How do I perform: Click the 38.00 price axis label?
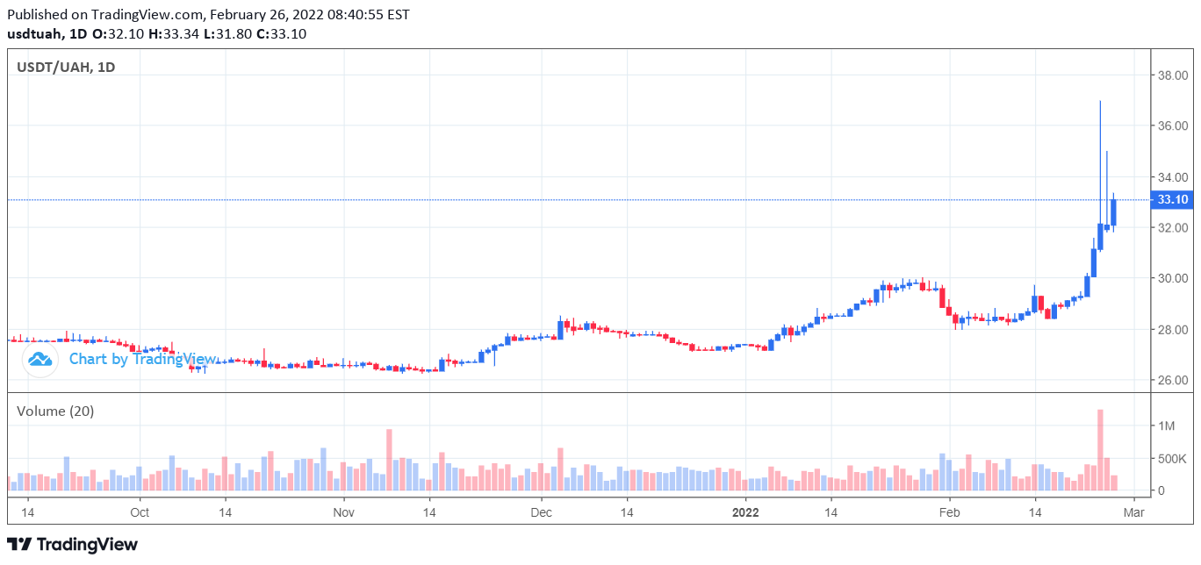1172,75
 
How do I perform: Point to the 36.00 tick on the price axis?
1172,126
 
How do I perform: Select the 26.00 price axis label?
1172,381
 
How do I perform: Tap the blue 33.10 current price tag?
1173,200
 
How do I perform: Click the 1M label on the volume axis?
1166,426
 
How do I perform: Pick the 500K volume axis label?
1172,459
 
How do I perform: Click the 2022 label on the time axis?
745,511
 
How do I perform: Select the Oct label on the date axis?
139,511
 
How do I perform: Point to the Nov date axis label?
343,511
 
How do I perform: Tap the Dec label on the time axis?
541,511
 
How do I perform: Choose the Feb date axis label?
948,511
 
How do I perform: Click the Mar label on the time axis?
1135,511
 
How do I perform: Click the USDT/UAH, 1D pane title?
66,68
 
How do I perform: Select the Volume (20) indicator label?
55,411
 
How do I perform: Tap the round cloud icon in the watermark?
40,359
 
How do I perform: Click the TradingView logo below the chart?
72,545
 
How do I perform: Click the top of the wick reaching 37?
1100,102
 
